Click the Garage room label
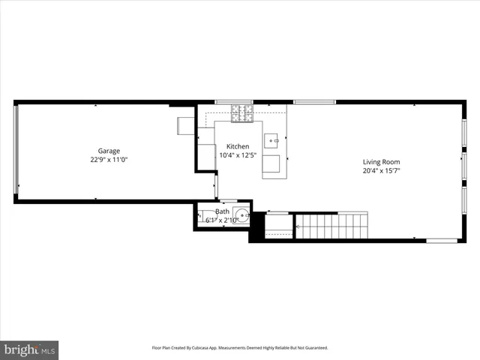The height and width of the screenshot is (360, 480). (108, 151)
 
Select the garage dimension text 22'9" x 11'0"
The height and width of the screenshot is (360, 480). (108, 160)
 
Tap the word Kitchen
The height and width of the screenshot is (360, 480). (238, 146)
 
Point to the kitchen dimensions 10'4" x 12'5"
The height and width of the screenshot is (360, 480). (238, 155)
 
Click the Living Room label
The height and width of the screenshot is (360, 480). (381, 161)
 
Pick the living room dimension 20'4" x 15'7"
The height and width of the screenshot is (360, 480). (381, 170)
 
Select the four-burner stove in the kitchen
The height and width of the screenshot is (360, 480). (241, 113)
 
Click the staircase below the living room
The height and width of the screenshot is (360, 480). (334, 225)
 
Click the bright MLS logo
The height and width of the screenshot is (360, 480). (29, 349)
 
